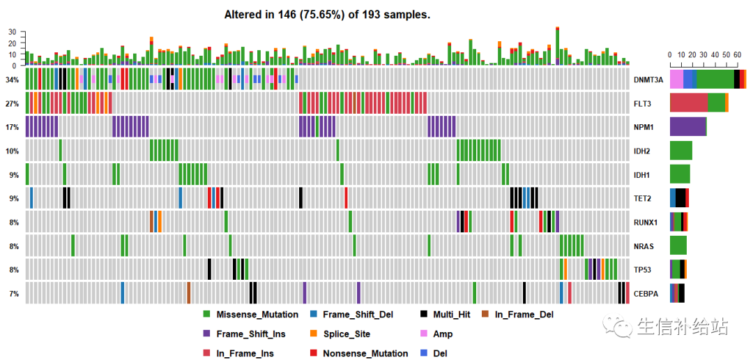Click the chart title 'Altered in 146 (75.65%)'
327,14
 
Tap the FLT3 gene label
644,103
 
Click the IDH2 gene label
644,151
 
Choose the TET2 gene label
644,198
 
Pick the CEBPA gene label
646,294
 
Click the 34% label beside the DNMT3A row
12,80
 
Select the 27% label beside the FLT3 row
12,103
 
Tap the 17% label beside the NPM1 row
12,127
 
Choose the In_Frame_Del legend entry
524,315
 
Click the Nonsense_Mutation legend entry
365,353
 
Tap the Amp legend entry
442,334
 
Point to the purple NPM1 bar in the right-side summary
687,126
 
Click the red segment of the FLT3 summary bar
688,103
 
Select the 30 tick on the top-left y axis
12,32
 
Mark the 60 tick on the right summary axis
736,54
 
